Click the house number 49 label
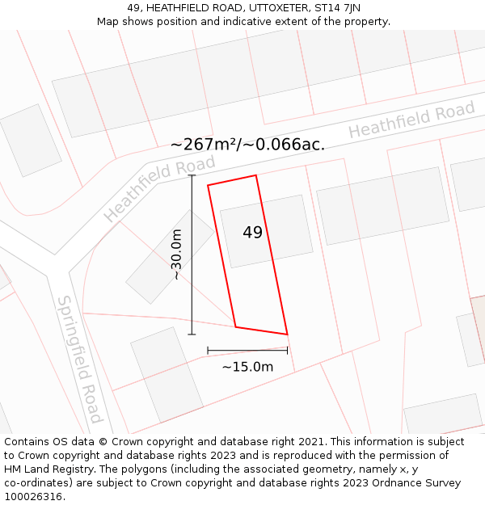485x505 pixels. pos(252,233)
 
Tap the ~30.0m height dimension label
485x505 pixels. pos(176,255)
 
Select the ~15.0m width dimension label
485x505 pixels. pos(247,367)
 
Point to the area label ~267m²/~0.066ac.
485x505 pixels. pos(247,145)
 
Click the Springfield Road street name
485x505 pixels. pos(79,360)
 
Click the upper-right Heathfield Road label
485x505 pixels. pos(411,120)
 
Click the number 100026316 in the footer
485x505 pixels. pos(33,496)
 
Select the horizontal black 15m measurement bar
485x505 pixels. pos(247,351)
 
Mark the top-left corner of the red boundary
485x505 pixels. pos(208,186)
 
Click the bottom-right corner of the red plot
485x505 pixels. pos(287,334)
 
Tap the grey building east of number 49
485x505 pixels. pos(382,205)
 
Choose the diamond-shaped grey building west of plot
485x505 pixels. pos(170,256)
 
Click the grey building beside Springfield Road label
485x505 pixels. pos(167,374)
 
